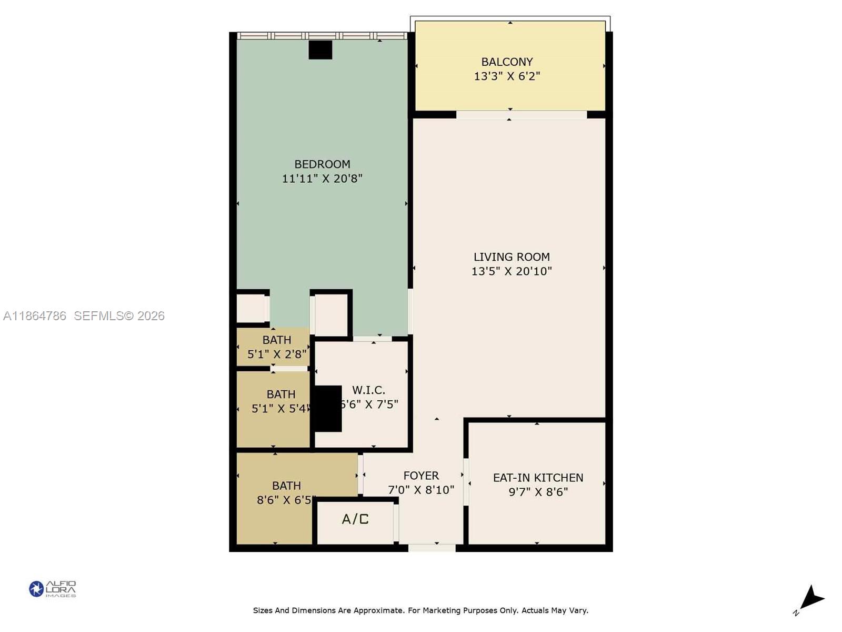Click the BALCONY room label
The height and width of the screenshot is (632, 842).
coord(507,62)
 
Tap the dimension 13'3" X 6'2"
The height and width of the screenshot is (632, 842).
coord(507,76)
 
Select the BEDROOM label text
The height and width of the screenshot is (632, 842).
coord(322,164)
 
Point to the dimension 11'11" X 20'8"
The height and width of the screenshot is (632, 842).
coord(322,179)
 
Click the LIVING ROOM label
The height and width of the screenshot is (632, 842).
coord(512,257)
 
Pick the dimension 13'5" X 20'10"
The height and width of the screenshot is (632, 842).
coord(512,271)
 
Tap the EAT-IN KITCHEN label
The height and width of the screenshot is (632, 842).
coord(538,478)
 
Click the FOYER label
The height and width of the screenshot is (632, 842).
coord(421,476)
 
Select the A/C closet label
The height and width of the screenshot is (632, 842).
coord(355,519)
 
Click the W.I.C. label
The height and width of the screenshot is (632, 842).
coord(368,390)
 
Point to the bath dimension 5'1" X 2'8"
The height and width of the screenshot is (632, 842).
coord(277,354)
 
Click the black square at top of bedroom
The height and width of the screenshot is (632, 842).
coord(320,50)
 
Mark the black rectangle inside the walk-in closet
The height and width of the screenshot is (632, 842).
coord(328,409)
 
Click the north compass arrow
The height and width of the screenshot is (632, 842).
coord(811,599)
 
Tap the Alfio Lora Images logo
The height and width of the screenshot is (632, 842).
coord(53,589)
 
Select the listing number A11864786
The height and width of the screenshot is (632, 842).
coord(35,316)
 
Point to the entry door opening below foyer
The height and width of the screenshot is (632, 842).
coord(432,548)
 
